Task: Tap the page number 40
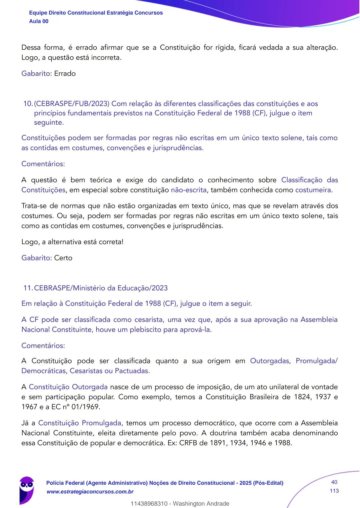(x=334, y=482)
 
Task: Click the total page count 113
(x=334, y=491)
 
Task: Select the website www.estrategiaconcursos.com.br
(x=90, y=492)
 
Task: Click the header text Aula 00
(x=39, y=21)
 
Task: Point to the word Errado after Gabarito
(x=65, y=74)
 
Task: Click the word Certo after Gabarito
(x=63, y=258)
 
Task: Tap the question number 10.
(x=28, y=104)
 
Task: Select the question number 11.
(x=28, y=288)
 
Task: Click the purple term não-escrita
(x=189, y=190)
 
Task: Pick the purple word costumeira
(x=313, y=190)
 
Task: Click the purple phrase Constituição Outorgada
(x=68, y=387)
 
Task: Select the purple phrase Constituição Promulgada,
(x=81, y=423)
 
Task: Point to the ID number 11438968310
(x=149, y=504)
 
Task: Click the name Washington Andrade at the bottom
(x=201, y=504)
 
